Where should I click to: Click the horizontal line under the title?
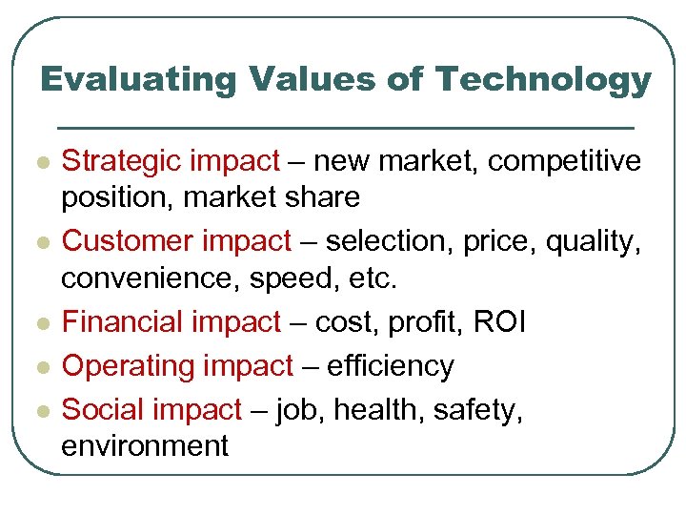(345, 127)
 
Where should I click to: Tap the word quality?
(594, 242)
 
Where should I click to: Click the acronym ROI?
(498, 322)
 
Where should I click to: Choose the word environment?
(145, 445)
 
